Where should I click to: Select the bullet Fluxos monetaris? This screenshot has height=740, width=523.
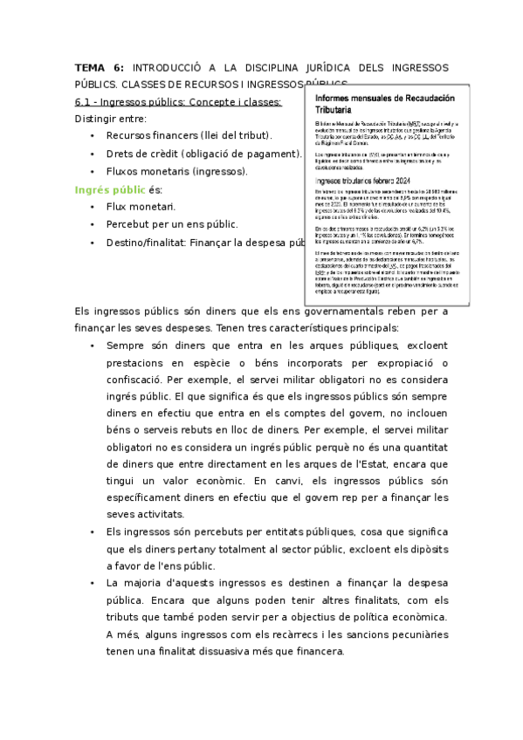[148, 171]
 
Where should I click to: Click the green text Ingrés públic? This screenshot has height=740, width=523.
[110, 189]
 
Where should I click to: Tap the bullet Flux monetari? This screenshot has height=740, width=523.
[140, 207]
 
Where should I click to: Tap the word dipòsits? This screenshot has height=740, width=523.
[425, 549]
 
